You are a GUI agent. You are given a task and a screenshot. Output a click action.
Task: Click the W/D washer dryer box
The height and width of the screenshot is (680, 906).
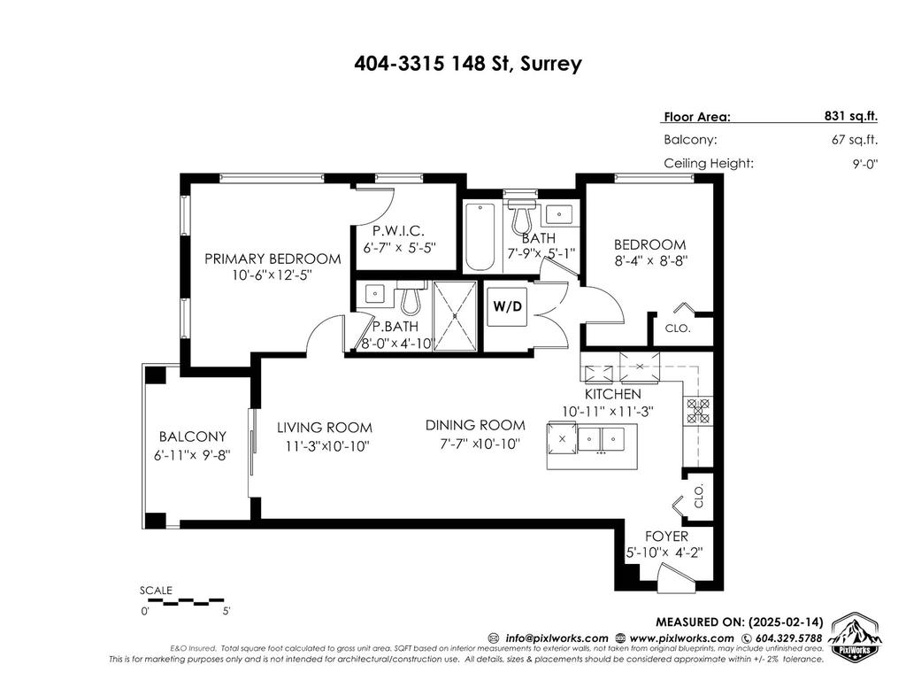(507, 306)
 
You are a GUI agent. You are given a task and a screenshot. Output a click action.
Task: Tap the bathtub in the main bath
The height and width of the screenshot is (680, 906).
(480, 236)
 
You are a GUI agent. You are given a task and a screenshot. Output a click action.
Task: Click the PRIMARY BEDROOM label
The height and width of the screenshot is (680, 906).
(273, 259)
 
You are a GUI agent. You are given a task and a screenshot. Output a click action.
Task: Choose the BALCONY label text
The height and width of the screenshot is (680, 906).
(193, 437)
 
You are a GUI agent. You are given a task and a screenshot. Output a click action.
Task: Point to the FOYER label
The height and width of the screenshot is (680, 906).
(667, 537)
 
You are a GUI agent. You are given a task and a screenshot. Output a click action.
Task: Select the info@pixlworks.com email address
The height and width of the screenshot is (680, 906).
(557, 638)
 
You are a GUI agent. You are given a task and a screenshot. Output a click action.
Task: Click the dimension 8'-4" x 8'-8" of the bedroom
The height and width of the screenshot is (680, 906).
(650, 261)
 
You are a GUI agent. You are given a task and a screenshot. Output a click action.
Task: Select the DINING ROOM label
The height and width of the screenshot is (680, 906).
(475, 425)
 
